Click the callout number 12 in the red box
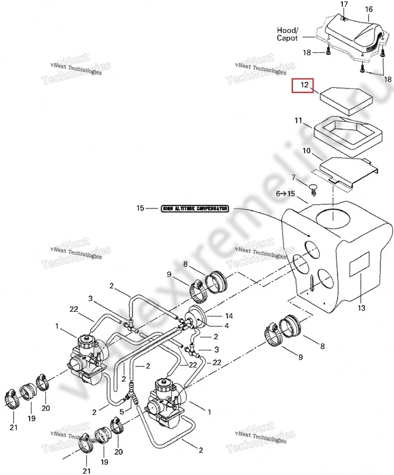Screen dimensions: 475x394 pyautogui.click(x=305, y=86)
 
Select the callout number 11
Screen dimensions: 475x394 pyautogui.click(x=299, y=121)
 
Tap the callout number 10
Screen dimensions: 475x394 pyautogui.click(x=307, y=152)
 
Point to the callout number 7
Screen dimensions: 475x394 pyautogui.click(x=292, y=178)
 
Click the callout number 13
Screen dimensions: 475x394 pyautogui.click(x=362, y=309)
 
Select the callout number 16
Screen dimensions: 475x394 pyautogui.click(x=369, y=9)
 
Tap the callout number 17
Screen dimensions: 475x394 pyautogui.click(x=343, y=5)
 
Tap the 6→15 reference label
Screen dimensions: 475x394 pyautogui.click(x=285, y=194)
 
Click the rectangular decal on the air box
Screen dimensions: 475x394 pyautogui.click(x=358, y=264)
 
